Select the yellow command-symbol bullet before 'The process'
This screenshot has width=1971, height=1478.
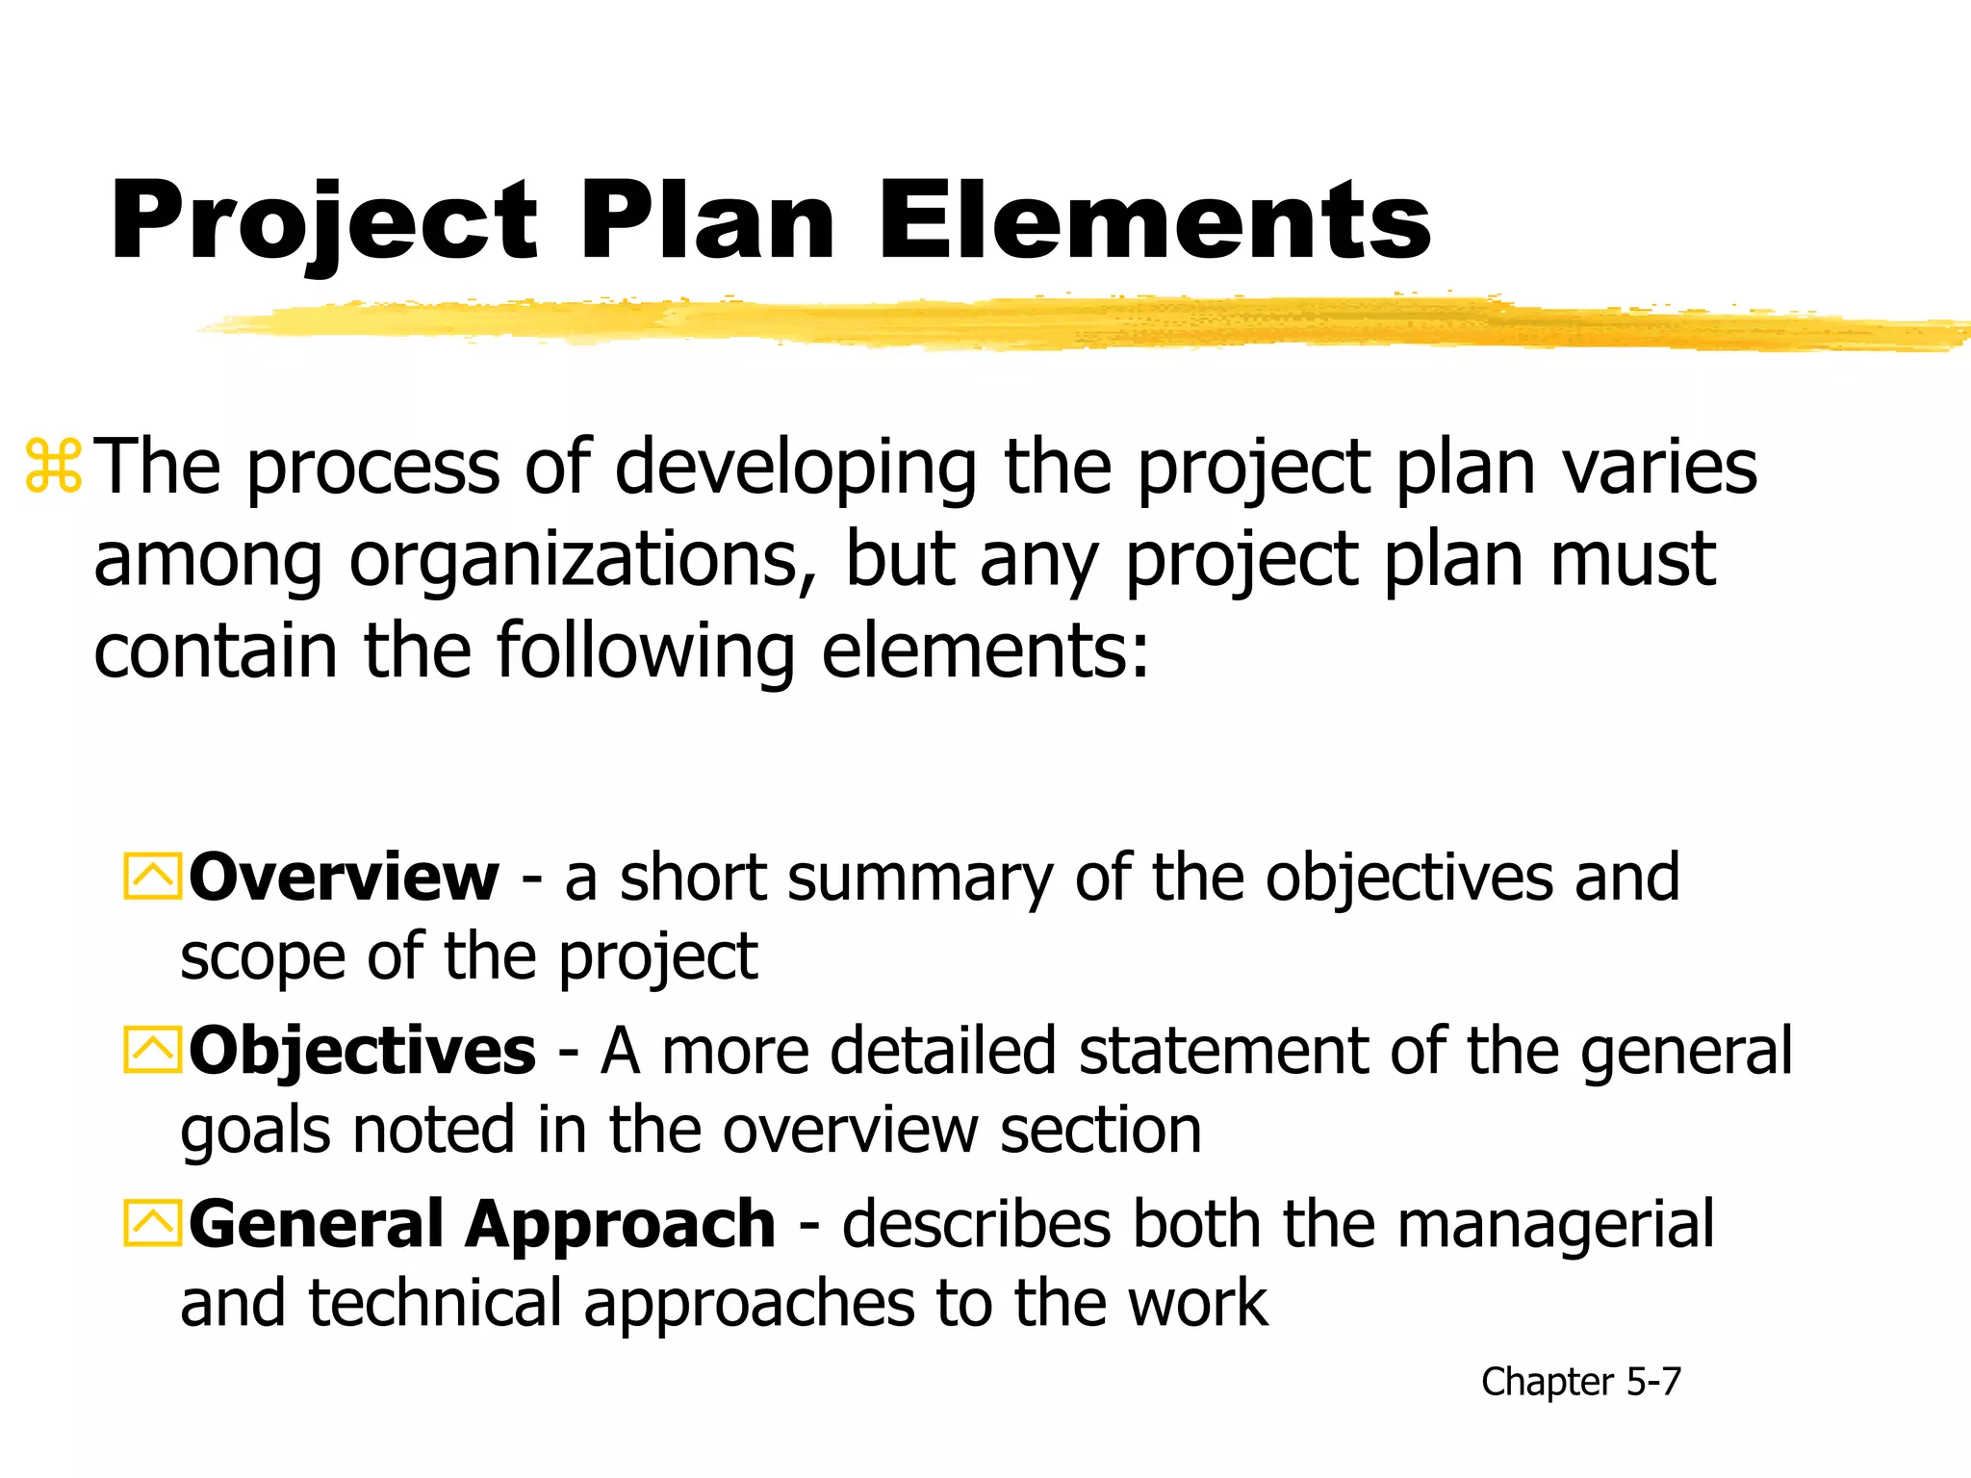[x=54, y=468]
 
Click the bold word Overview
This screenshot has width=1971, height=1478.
[x=344, y=878]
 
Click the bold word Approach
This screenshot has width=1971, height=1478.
[x=621, y=1224]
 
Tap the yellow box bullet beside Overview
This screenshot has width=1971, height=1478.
[x=152, y=878]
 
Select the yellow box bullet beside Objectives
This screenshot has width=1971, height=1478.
[x=152, y=1050]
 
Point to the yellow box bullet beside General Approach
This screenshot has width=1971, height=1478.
[x=152, y=1224]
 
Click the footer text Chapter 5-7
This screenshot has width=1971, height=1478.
[x=1580, y=1382]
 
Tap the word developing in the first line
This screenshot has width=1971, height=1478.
[x=795, y=468]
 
